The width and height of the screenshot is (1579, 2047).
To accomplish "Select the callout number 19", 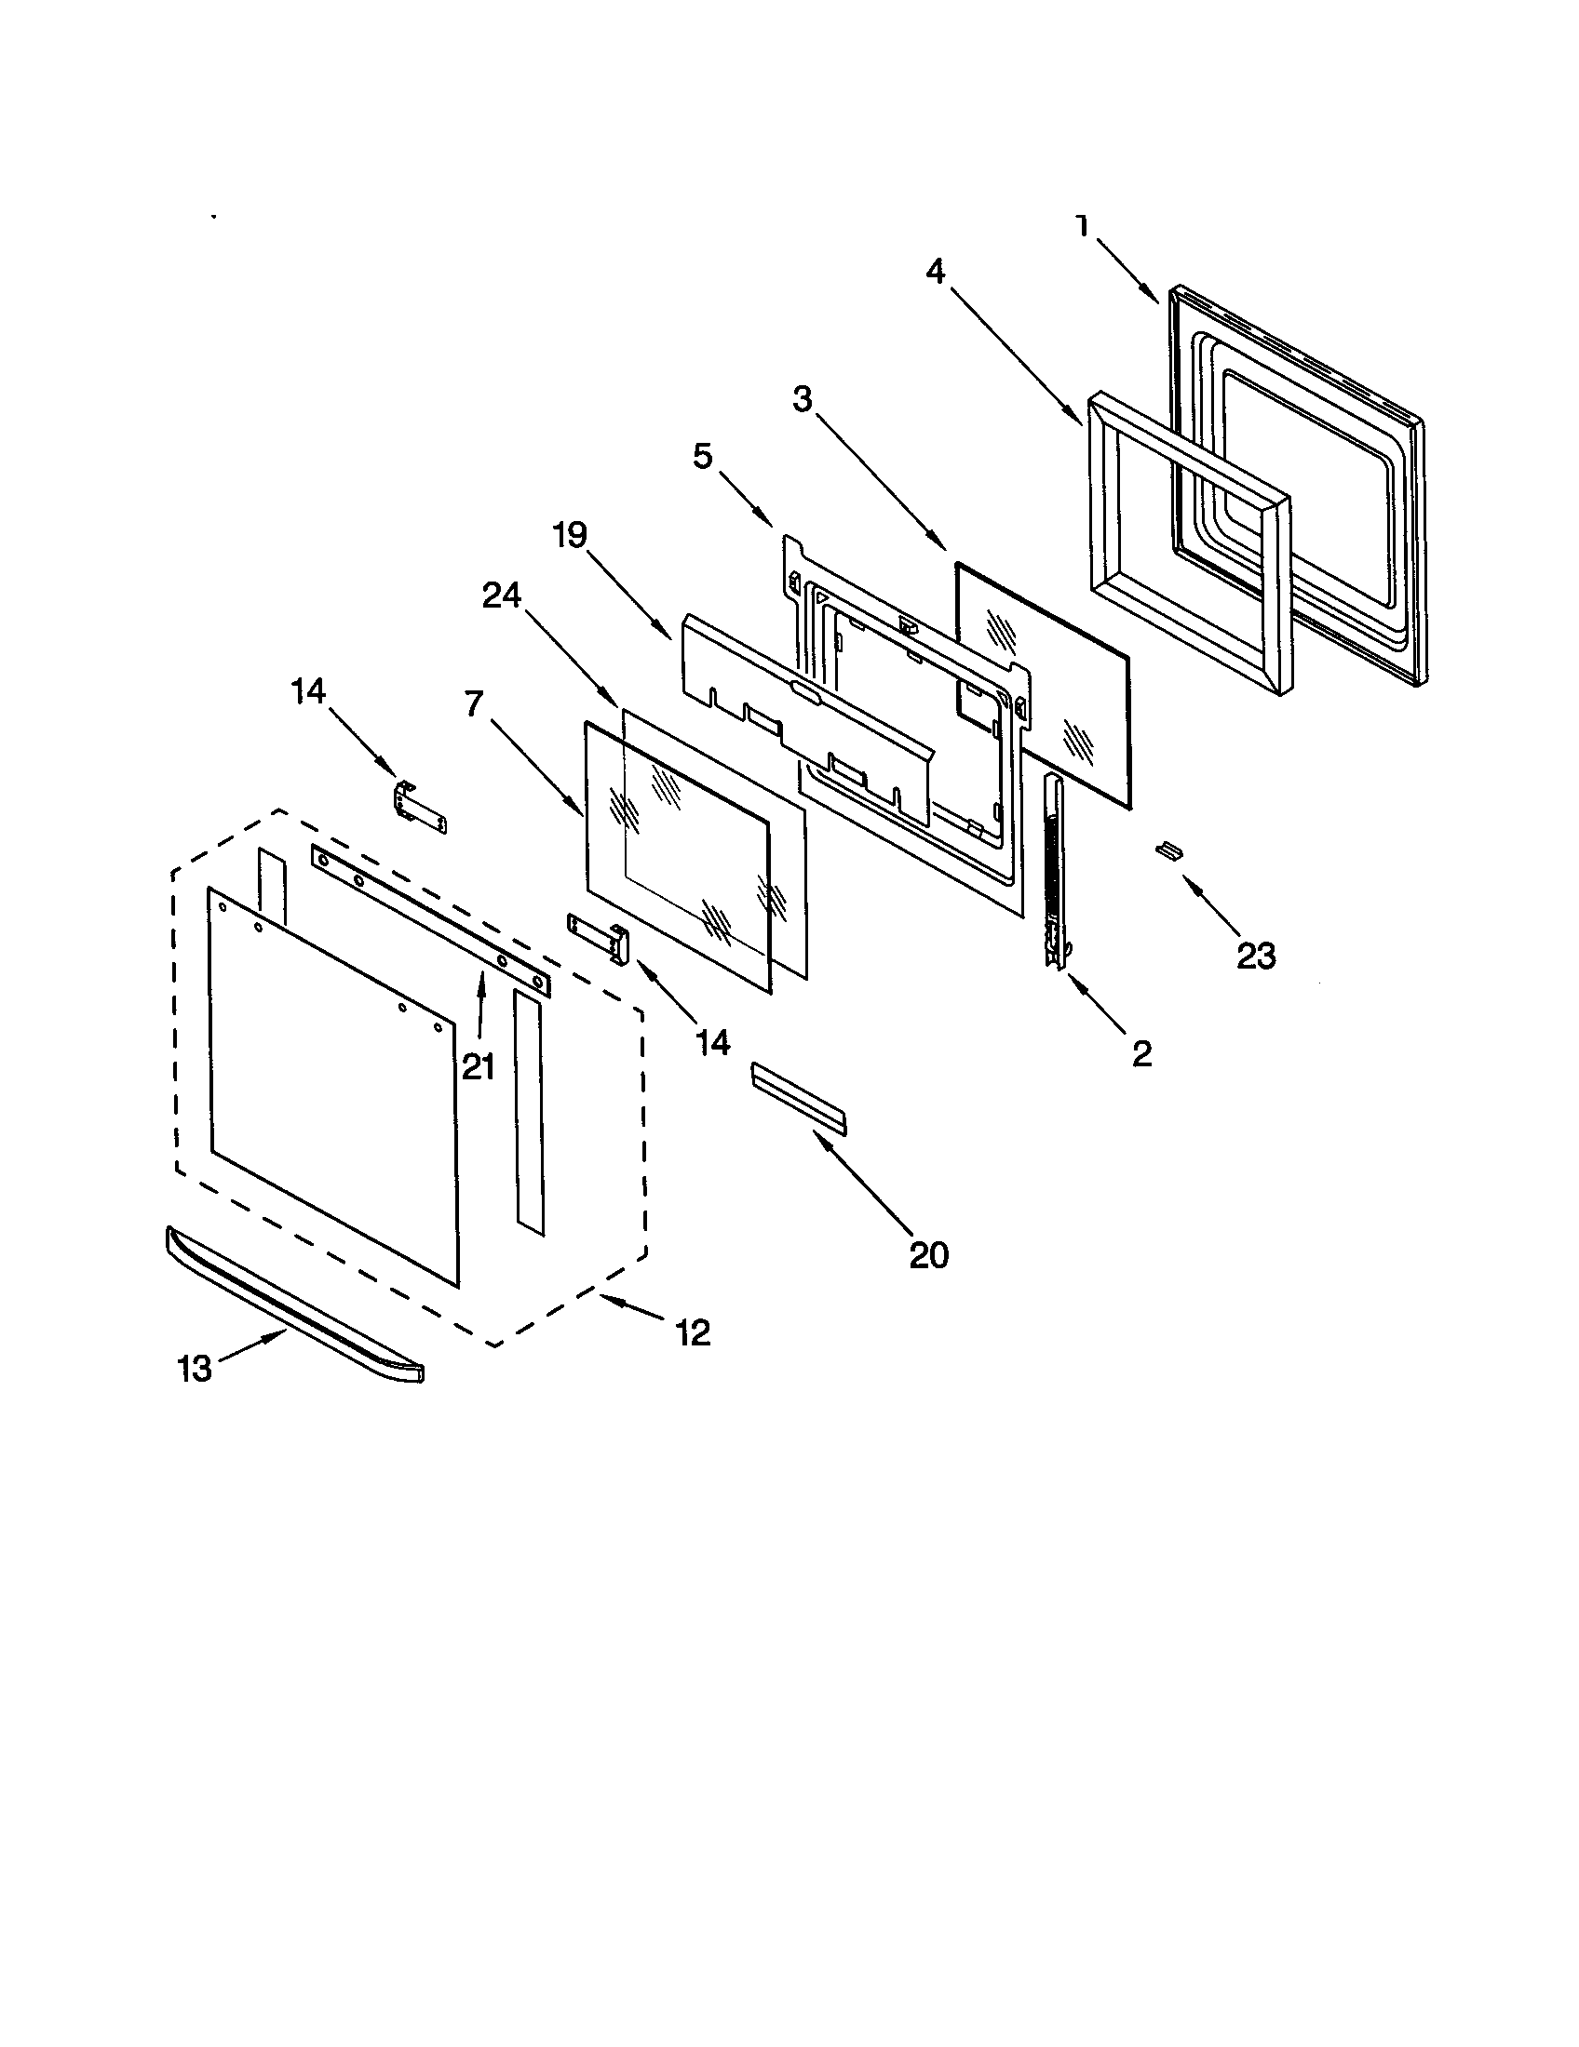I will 569,535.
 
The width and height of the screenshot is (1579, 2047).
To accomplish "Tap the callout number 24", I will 502,595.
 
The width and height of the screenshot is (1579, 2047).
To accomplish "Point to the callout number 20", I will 929,1255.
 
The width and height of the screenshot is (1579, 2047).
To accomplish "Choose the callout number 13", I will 195,1370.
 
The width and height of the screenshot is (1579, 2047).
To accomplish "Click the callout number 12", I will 692,1331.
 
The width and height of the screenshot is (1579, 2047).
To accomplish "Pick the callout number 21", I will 479,1065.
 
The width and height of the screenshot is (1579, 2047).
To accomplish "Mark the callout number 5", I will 703,457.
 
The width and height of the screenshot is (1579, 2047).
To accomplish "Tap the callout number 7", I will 475,702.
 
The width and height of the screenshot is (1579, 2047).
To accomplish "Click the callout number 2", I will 1141,1054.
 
